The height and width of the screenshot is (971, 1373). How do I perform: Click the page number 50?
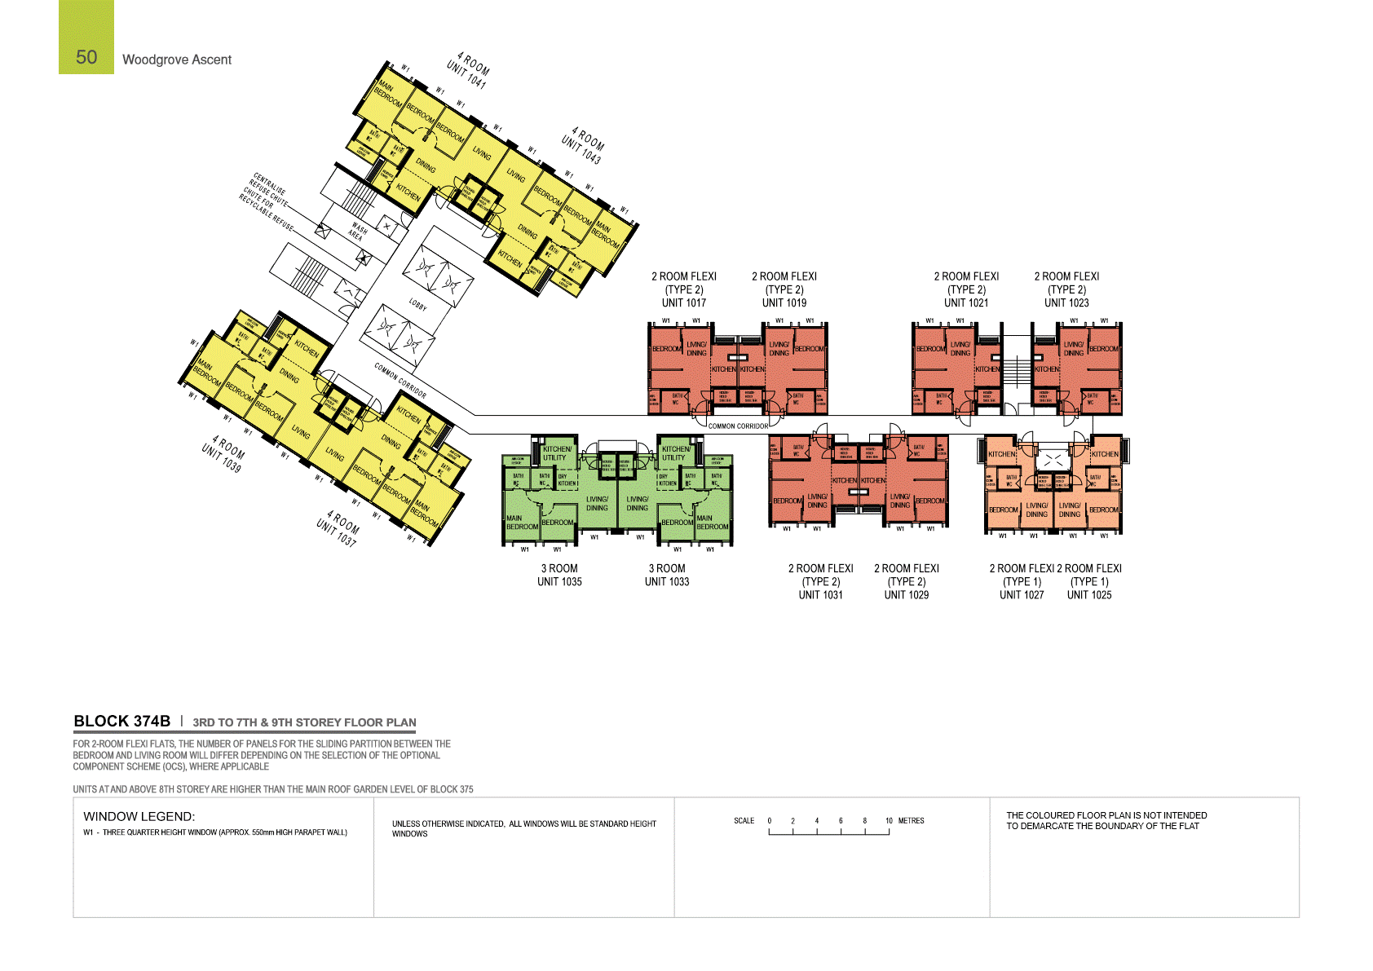coord(86,57)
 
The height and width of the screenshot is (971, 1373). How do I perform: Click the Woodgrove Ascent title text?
coord(177,60)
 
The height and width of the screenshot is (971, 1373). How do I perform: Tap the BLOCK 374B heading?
coord(122,721)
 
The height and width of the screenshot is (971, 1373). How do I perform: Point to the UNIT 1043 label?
coord(581,150)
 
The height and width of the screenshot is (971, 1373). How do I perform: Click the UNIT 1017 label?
coord(684,302)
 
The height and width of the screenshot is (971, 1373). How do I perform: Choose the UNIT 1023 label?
coord(1066,302)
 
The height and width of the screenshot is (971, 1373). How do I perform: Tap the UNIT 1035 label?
coord(559,581)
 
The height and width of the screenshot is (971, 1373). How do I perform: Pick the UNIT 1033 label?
coord(667,581)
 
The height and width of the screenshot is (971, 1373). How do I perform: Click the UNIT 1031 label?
coord(821,594)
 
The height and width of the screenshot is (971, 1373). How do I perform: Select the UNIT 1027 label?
coord(1022,594)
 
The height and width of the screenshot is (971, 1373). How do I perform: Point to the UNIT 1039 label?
coord(221,460)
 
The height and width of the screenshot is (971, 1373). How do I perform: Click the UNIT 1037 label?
coord(336,534)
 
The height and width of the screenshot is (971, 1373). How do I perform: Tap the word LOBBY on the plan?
coord(417,305)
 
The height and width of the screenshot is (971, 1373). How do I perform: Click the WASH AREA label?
coord(358,232)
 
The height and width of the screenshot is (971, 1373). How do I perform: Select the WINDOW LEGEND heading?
coord(139,816)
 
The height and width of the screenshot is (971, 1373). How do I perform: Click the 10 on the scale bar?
coord(889,821)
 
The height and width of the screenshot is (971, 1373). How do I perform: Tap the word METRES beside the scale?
coord(912,821)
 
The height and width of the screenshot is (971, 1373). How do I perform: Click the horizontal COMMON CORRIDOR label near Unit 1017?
coord(738,426)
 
